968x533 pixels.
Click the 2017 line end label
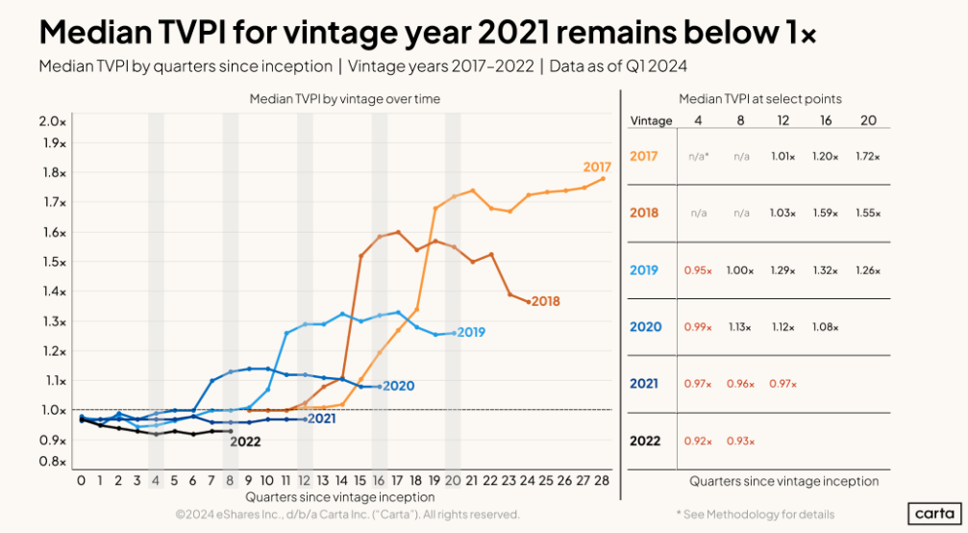pos(597,167)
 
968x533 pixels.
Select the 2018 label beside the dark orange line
pos(545,301)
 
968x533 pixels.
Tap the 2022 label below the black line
pos(245,442)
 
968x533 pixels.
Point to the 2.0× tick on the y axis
pos(53,121)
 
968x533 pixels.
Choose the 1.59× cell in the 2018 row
pos(826,213)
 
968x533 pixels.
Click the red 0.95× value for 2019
pos(698,270)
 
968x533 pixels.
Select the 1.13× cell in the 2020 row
pos(740,327)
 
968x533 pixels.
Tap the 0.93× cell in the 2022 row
pos(740,441)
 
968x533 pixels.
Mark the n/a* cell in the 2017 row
pos(698,155)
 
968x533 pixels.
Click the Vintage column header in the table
pos(651,121)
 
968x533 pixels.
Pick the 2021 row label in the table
pos(644,384)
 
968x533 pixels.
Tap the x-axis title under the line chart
pos(339,497)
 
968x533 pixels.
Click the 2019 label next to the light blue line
pos(471,333)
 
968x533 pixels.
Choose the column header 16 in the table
pos(826,121)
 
